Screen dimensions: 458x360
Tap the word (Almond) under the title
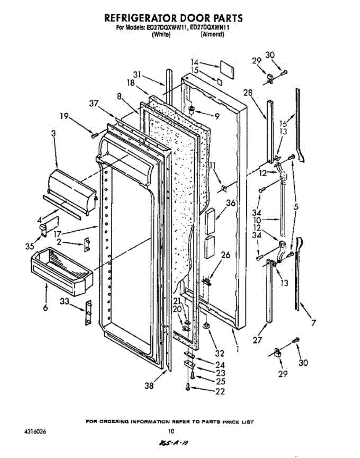point(212,34)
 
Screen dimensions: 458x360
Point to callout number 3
point(53,133)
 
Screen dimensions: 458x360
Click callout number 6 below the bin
point(45,308)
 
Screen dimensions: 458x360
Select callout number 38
point(149,386)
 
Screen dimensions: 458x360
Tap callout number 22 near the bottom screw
point(220,391)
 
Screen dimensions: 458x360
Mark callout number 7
point(314,323)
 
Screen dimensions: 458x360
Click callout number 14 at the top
point(195,62)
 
